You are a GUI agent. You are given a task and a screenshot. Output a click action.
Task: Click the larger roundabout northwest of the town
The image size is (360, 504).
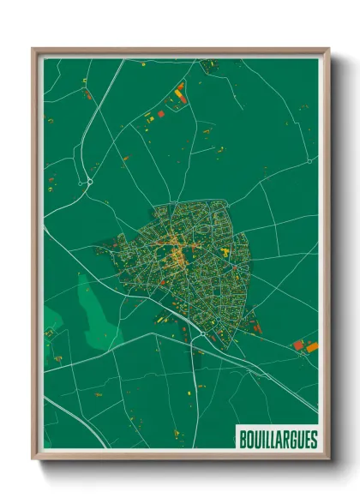tap(89, 182)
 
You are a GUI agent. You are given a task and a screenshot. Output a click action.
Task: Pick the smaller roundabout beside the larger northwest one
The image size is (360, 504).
tap(79, 183)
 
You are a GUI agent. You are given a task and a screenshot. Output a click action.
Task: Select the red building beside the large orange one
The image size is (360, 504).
tap(298, 344)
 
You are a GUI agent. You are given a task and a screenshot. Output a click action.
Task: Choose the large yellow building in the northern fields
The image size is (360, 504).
tap(179, 88)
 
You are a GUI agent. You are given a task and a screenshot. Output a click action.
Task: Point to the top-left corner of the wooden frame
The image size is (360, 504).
tap(33, 51)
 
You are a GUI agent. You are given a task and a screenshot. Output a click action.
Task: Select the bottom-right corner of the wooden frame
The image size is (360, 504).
tap(328, 459)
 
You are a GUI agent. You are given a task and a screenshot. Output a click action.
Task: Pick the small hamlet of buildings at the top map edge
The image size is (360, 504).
tap(208, 64)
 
